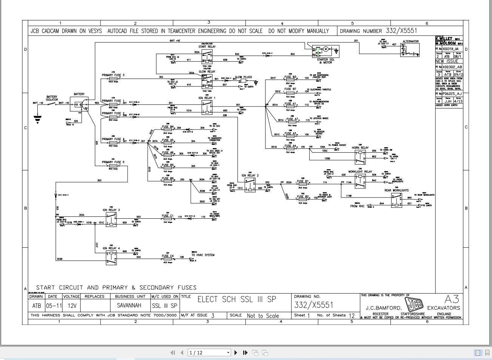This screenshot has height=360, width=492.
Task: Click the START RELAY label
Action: pyautogui.click(x=207, y=47)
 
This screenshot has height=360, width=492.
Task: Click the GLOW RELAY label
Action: pyautogui.click(x=207, y=71)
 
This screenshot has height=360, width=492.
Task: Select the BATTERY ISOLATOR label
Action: pyautogui.click(x=52, y=98)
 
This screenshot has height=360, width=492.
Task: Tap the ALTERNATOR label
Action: pyautogui.click(x=410, y=42)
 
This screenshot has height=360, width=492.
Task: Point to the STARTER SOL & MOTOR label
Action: pyautogui.click(x=325, y=61)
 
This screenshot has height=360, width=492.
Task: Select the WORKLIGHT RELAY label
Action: pyautogui.click(x=360, y=172)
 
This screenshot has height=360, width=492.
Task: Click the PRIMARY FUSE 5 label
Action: pyautogui.click(x=113, y=162)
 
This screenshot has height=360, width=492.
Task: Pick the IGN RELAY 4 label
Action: pyautogui.click(x=111, y=248)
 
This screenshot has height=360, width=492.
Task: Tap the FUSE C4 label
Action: pyautogui.click(x=168, y=256)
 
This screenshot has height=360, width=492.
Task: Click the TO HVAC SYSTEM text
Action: pyautogui.click(x=203, y=255)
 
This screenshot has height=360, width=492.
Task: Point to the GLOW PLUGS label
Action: pyautogui.click(x=243, y=77)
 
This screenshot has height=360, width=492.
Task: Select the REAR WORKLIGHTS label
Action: pyautogui.click(x=396, y=190)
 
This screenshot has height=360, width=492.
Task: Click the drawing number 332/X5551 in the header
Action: pyautogui.click(x=401, y=31)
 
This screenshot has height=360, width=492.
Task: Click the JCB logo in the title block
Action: pyautogui.click(x=414, y=304)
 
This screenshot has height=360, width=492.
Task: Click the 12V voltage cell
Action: pyautogui.click(x=71, y=306)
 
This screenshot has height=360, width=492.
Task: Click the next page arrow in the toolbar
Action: pyautogui.click(x=236, y=352)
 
